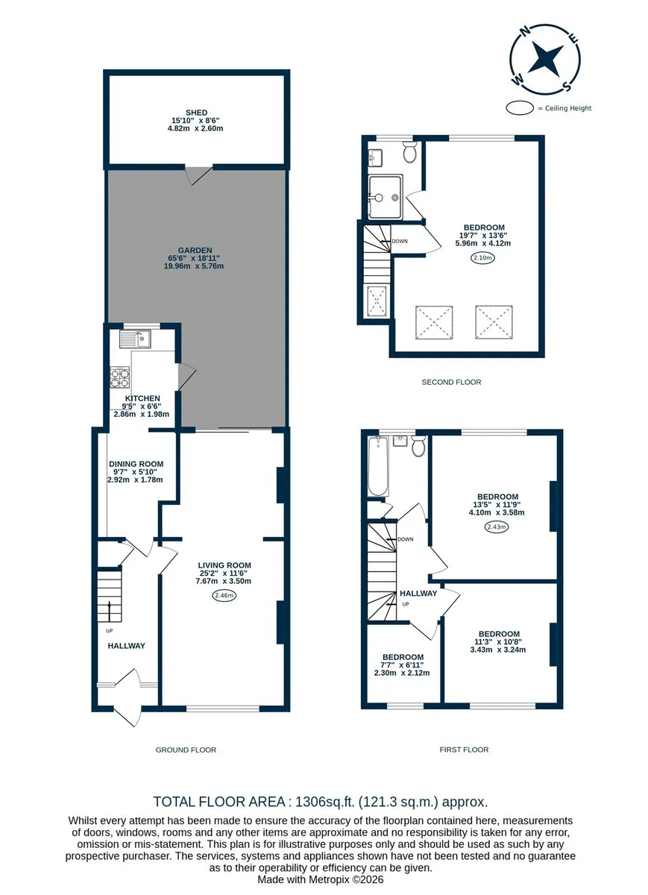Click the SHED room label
pos(196,113)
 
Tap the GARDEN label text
pos(195,251)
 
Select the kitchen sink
pos(135,339)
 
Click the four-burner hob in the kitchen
pos(120,377)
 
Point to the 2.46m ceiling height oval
pos(224,596)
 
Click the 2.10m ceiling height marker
pos(483,258)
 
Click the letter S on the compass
pos(567,86)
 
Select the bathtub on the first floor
pos(377,466)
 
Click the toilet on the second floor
pos(409,152)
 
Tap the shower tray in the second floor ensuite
pos(385,197)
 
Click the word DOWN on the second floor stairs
pos(400,241)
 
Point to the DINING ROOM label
pos(136,464)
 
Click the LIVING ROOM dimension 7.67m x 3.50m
pos(223,581)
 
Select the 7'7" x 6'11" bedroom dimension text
pos(403,665)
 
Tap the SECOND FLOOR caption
pos(451,382)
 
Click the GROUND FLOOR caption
pos(186,750)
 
